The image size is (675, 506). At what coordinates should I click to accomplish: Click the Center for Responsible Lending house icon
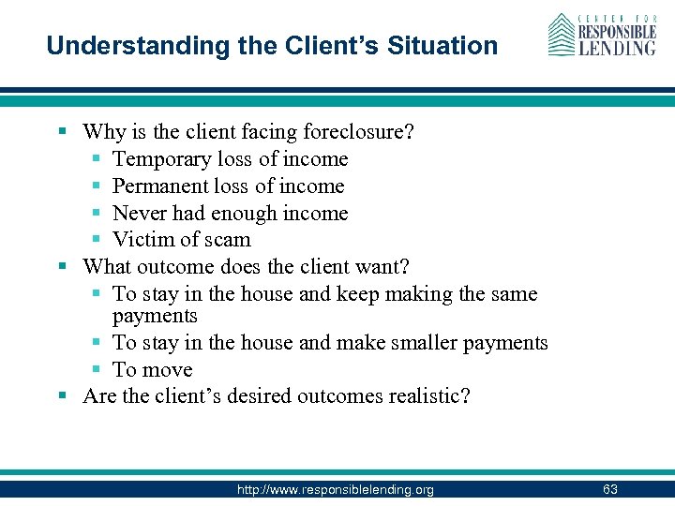point(562,35)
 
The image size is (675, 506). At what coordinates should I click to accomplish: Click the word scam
point(228,240)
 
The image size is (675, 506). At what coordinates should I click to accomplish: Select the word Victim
point(142,240)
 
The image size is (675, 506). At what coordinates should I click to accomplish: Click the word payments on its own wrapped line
point(155,317)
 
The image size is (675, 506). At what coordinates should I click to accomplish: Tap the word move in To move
point(166,370)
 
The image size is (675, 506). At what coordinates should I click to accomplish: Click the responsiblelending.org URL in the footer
point(336,490)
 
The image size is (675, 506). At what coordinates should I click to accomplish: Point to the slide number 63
point(610,490)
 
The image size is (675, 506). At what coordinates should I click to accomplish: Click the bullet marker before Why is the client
point(63,133)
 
